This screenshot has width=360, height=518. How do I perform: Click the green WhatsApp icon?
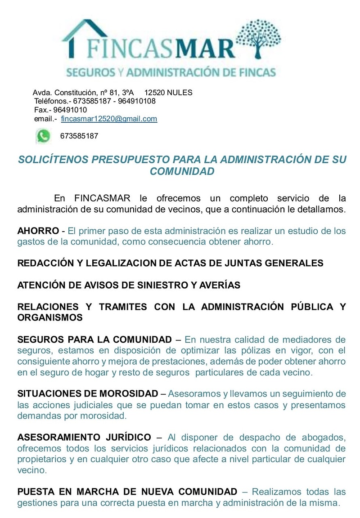pos(44,135)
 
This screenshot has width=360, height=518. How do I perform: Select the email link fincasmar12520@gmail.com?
pos(109,119)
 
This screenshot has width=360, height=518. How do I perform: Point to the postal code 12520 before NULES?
pos(154,93)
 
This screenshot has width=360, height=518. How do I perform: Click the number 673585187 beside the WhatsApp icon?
pos(79,136)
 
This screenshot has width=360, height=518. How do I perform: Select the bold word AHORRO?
pos(38,231)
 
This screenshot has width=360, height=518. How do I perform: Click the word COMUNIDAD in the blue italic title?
pos(182,171)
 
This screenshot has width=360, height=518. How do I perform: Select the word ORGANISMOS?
pos(49,317)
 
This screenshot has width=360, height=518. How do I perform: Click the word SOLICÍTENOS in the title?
pos(51,160)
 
